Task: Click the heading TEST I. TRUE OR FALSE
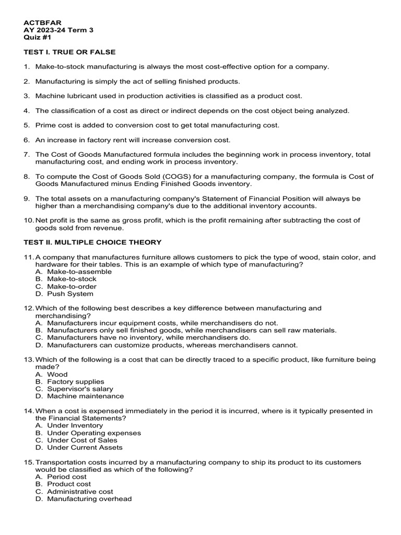(70, 52)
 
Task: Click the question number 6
(27, 140)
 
